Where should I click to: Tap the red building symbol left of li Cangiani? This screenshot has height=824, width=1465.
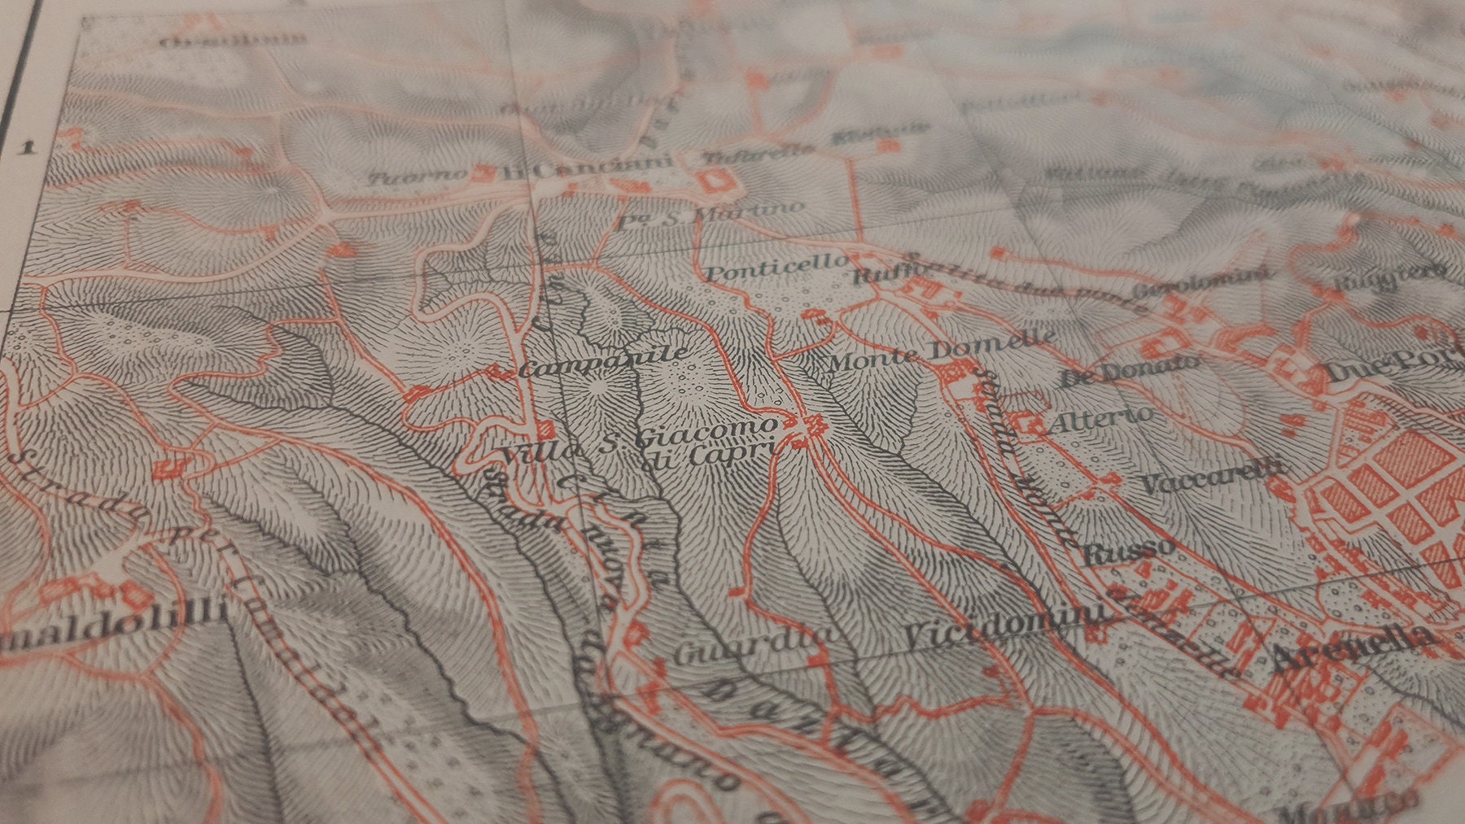pos(486,172)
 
